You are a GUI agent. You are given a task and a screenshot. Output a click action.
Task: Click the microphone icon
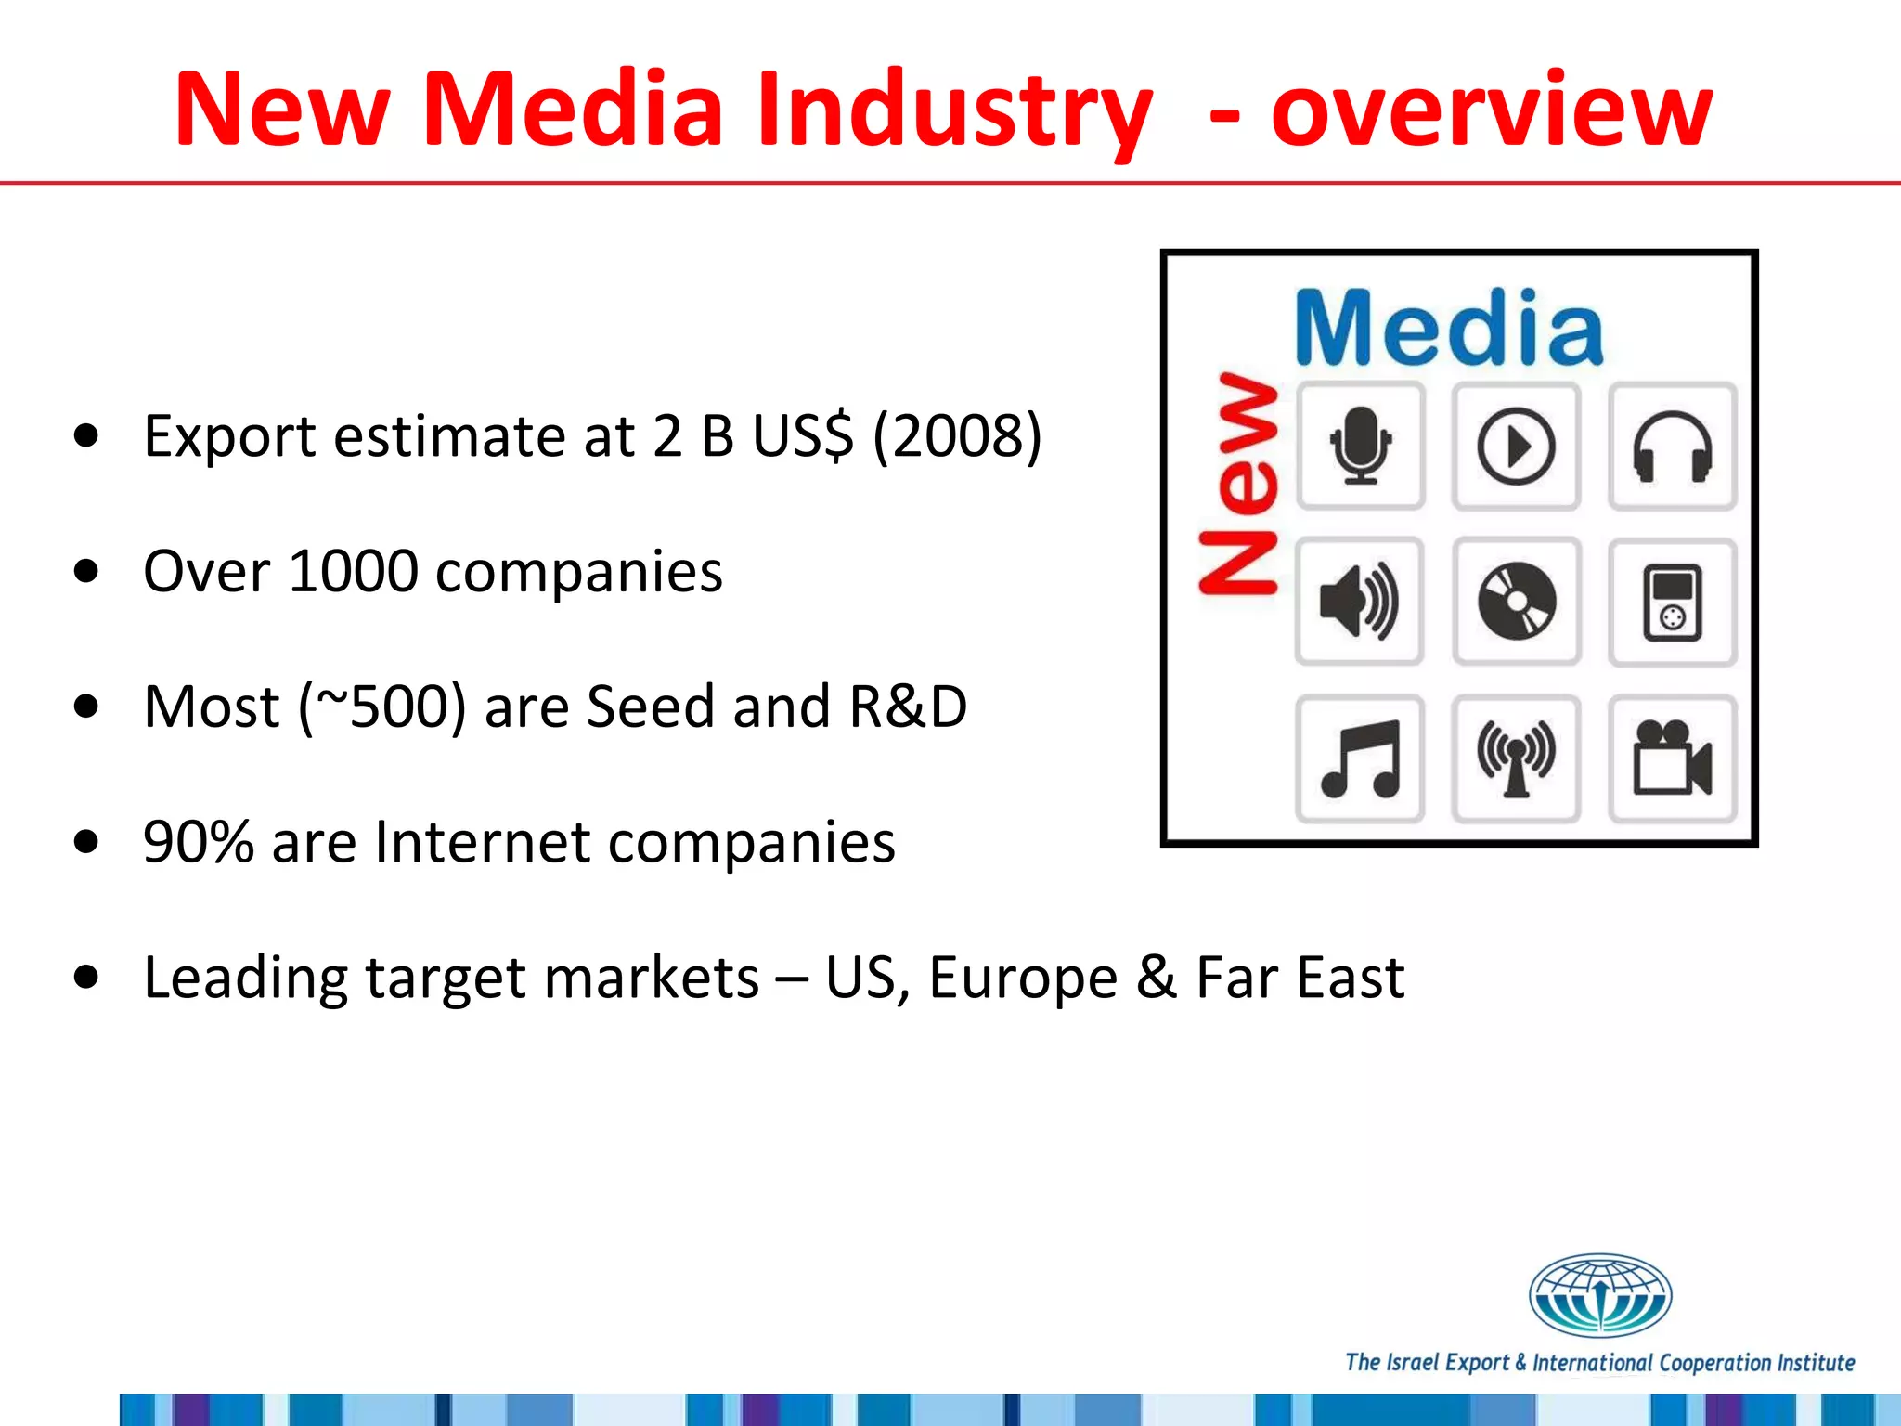pos(1360,446)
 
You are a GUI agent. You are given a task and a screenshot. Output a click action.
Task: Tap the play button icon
pos(1516,446)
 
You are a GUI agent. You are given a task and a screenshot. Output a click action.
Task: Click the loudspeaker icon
pos(1359,602)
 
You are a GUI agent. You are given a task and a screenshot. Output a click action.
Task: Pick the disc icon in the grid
pos(1516,602)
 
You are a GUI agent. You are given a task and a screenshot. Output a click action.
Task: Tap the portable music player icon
pos(1672,602)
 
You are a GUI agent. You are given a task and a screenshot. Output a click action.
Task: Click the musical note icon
pos(1360,758)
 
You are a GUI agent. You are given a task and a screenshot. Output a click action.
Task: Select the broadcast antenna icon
pos(1516,758)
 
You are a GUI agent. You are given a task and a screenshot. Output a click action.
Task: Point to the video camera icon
pos(1672,758)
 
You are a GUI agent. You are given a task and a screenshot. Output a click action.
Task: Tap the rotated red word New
pos(1238,483)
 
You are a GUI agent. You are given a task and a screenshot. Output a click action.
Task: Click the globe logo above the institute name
pos(1599,1295)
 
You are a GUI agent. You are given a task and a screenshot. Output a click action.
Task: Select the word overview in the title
pos(1491,110)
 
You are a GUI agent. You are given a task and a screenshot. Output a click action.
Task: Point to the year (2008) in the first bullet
pos(957,436)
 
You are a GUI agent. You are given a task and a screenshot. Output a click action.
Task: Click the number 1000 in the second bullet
pos(353,571)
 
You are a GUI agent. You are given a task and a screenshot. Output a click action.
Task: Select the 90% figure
pos(198,842)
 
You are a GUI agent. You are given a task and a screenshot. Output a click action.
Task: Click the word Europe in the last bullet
pos(1022,978)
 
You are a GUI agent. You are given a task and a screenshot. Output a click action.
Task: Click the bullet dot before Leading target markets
pos(86,978)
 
